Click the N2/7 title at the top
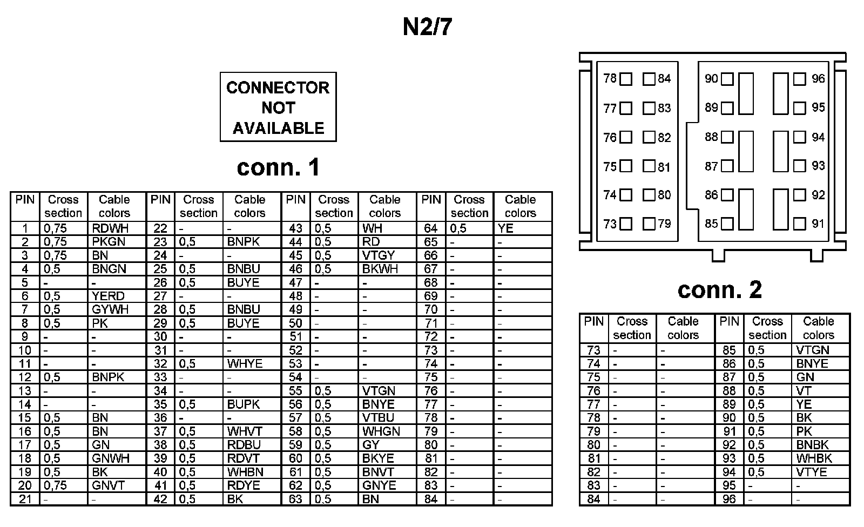click(x=427, y=28)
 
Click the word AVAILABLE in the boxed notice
click(x=278, y=129)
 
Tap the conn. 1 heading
click(x=278, y=167)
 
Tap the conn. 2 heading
click(x=719, y=290)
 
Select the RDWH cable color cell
click(x=110, y=228)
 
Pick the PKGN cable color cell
click(x=109, y=242)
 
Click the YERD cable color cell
click(x=108, y=296)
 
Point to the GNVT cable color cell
click(x=108, y=485)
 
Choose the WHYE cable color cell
click(x=245, y=363)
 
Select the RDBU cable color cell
click(x=244, y=445)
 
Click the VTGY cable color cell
click(x=379, y=255)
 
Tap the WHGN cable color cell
click(x=381, y=431)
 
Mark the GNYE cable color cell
click(x=379, y=485)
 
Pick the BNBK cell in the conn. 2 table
click(x=812, y=445)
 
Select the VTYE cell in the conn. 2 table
click(x=811, y=472)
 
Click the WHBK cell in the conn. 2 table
click(x=814, y=458)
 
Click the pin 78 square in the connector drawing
click(x=626, y=79)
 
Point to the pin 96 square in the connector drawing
click(x=800, y=79)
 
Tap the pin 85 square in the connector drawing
click(x=727, y=224)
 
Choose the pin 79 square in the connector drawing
click(x=649, y=224)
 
